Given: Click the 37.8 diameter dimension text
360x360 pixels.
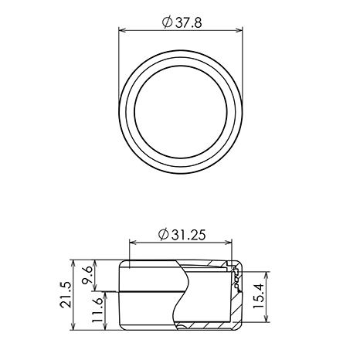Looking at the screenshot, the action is click(x=188, y=23).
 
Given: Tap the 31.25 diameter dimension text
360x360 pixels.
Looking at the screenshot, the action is click(x=188, y=235).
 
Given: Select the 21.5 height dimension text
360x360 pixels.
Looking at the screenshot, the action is click(x=66, y=295).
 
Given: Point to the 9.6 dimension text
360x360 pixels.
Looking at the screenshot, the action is click(x=87, y=275).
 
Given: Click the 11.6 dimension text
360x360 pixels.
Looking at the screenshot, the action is click(x=97, y=311).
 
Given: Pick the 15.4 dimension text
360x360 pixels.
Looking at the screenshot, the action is click(x=258, y=296).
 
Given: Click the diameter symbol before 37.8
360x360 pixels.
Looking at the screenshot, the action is click(x=168, y=22).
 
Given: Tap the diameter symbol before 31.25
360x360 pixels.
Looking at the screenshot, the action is click(x=164, y=235).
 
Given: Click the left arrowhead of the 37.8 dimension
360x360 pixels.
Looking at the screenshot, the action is click(x=122, y=30).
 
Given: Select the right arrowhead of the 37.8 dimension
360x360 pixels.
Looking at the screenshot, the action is click(x=239, y=30).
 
